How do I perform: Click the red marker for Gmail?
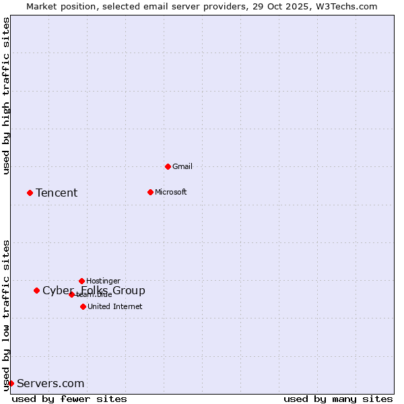point(168,166)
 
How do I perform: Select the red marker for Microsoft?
point(150,192)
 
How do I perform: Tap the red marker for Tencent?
point(30,193)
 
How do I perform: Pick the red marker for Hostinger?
point(81,281)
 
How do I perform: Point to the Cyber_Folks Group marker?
point(36,290)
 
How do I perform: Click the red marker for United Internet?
point(83,306)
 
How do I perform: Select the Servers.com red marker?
point(11,383)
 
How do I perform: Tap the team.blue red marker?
point(71,294)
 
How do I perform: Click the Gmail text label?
point(182,166)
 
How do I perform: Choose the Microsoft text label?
point(171,192)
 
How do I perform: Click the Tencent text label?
point(57,193)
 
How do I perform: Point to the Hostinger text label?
point(104,281)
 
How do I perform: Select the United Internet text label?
point(115,306)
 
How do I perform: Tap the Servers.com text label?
point(50,384)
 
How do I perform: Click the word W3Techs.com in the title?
point(347,6)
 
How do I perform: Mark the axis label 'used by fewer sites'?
point(69,399)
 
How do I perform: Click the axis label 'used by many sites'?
point(338,399)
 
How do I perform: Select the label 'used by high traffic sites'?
point(6,96)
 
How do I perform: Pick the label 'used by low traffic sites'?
point(6,315)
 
